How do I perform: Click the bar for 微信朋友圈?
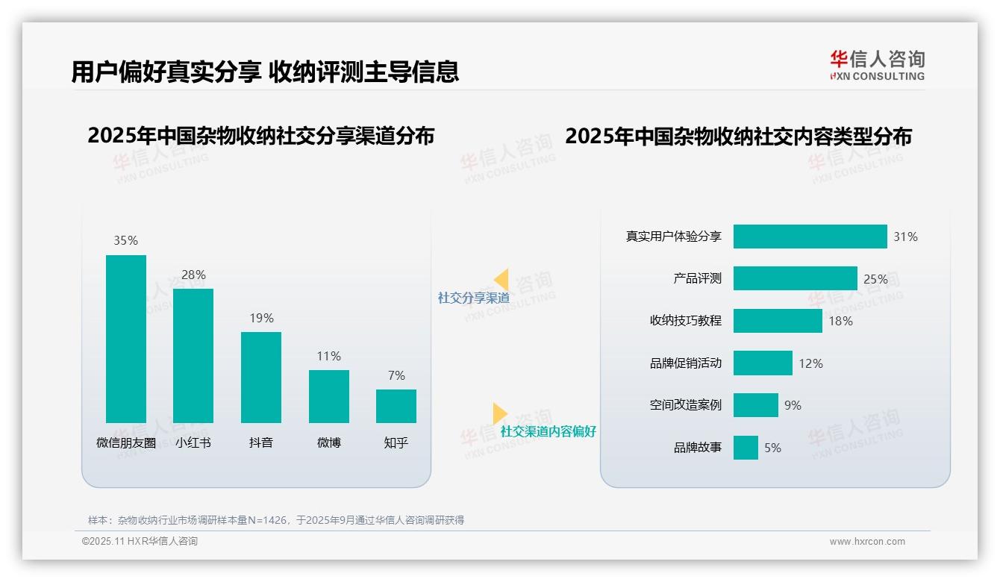pyautogui.click(x=126, y=339)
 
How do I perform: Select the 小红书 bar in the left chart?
pyautogui.click(x=193, y=356)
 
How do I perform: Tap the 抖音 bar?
pyautogui.click(x=261, y=378)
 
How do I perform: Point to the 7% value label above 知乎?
pyautogui.click(x=396, y=375)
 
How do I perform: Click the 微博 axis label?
pyautogui.click(x=328, y=442)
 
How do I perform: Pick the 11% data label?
pyautogui.click(x=328, y=356)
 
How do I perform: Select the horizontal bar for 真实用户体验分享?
pyautogui.click(x=810, y=237)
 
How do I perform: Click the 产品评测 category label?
pyautogui.click(x=697, y=278)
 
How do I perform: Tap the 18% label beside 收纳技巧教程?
pyautogui.click(x=840, y=321)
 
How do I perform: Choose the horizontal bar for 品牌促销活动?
pyautogui.click(x=763, y=363)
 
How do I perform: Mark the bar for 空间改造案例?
pyautogui.click(x=755, y=405)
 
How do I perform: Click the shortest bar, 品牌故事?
pyautogui.click(x=746, y=448)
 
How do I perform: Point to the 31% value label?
pyautogui.click(x=905, y=237)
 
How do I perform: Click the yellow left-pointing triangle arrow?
pyautogui.click(x=501, y=280)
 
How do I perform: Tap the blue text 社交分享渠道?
pyautogui.click(x=473, y=298)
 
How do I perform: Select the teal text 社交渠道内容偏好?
pyautogui.click(x=548, y=431)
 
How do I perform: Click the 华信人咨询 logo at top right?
pyautogui.click(x=877, y=66)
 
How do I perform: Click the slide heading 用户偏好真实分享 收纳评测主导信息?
pyautogui.click(x=265, y=72)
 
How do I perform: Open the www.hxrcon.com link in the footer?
pyautogui.click(x=867, y=542)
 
